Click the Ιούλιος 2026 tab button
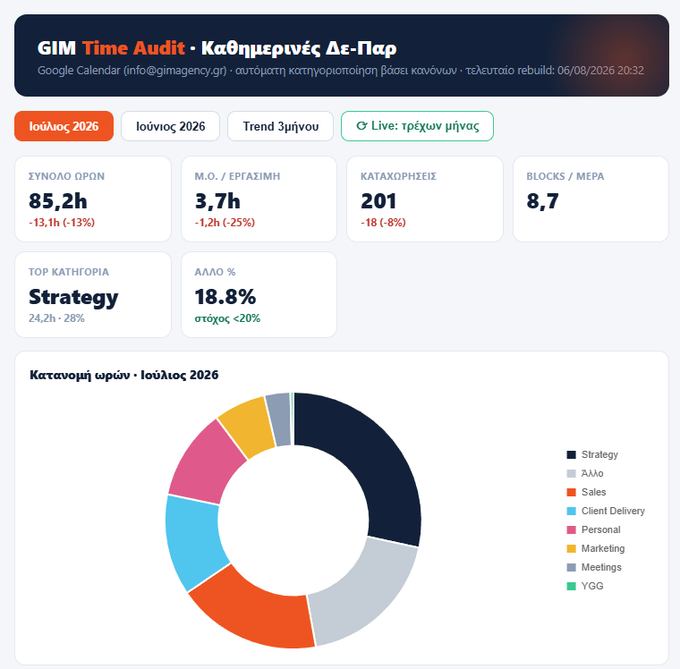[64, 126]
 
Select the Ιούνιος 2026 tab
[170, 126]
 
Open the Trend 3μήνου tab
[281, 126]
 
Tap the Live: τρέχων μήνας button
[417, 126]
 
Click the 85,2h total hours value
[57, 201]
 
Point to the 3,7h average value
[217, 201]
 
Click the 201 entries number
[378, 201]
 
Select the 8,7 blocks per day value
[542, 201]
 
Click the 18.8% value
[225, 297]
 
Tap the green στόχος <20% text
[227, 318]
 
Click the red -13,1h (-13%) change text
[62, 223]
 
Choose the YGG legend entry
[585, 586]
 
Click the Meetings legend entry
[594, 567]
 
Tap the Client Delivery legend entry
[606, 511]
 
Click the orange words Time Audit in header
[133, 47]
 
